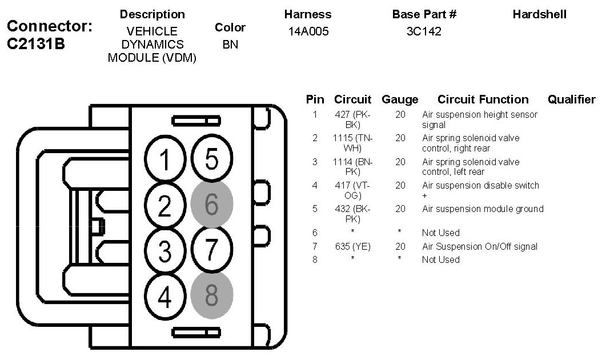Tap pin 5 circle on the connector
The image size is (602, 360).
pyautogui.click(x=211, y=159)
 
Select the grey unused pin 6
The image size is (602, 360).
pyautogui.click(x=211, y=204)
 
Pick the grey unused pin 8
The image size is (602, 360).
pyautogui.click(x=211, y=295)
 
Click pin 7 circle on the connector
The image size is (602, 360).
pyautogui.click(x=211, y=249)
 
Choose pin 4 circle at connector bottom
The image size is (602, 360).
pyautogui.click(x=165, y=295)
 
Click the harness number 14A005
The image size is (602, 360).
pyautogui.click(x=308, y=32)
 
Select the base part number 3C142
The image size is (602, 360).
pyautogui.click(x=424, y=32)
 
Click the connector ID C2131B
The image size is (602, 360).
pyautogui.click(x=35, y=45)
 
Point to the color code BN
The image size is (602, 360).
pyautogui.click(x=230, y=44)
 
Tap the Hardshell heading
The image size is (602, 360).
pyautogui.click(x=539, y=15)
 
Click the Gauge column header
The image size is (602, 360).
pyautogui.click(x=400, y=99)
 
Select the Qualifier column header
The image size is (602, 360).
pyautogui.click(x=571, y=99)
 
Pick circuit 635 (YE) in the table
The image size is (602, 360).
pyautogui.click(x=353, y=247)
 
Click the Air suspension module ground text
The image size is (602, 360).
pyautogui.click(x=483, y=209)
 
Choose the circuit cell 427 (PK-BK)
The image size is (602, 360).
pyautogui.click(x=353, y=119)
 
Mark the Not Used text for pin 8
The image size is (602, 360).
pyautogui.click(x=440, y=259)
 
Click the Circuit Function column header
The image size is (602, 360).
pyautogui.click(x=483, y=99)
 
